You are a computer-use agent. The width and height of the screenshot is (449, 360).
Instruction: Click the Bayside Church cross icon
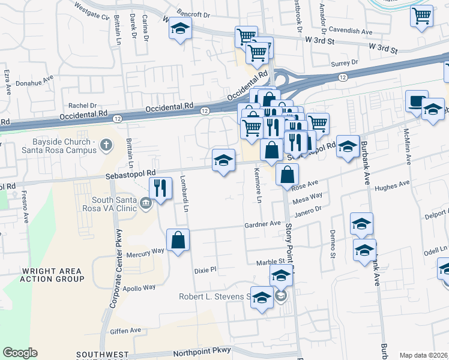(x=106, y=145)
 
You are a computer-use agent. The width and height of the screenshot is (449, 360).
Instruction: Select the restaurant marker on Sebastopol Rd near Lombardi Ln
(x=160, y=188)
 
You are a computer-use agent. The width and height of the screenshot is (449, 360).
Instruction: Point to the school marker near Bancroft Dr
(x=179, y=29)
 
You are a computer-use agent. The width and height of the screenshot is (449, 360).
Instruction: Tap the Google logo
(x=20, y=353)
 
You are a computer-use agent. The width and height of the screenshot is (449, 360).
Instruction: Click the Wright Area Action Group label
(x=53, y=275)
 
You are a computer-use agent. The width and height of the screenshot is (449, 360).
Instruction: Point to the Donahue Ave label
(x=35, y=77)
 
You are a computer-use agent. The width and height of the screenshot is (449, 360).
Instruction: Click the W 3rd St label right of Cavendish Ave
(x=383, y=47)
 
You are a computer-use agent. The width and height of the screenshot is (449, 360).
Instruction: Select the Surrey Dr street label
(x=344, y=62)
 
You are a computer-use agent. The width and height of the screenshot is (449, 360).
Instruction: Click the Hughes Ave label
(x=390, y=188)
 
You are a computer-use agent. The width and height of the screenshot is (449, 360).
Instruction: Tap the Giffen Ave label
(x=125, y=330)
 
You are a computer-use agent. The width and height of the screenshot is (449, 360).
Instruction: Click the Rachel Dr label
(x=82, y=105)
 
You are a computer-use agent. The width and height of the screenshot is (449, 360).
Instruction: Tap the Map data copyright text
(x=424, y=355)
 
